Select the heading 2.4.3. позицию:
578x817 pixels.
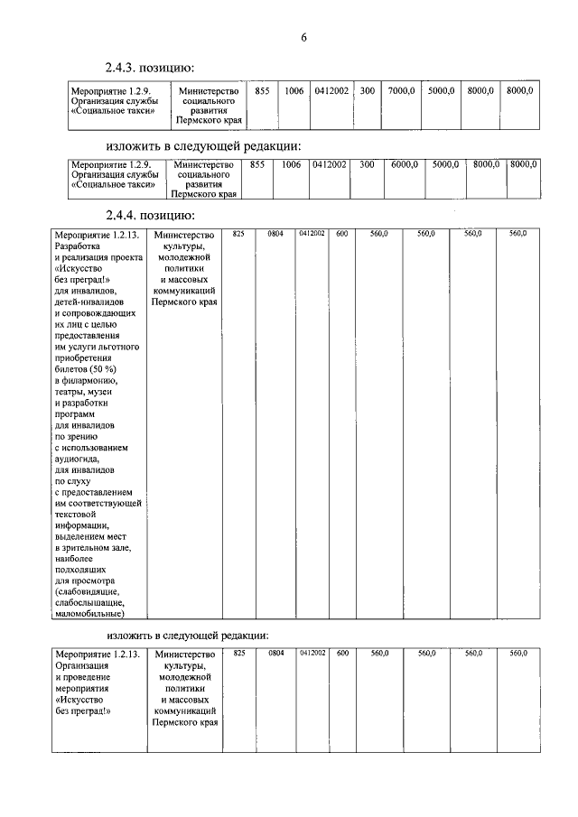(x=150, y=69)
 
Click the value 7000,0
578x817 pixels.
(x=402, y=91)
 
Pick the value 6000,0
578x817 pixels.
(x=403, y=165)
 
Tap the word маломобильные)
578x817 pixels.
(x=89, y=614)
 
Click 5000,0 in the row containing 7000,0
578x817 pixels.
(x=442, y=91)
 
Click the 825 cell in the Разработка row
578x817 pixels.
(x=238, y=234)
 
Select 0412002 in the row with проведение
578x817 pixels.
(x=311, y=652)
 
